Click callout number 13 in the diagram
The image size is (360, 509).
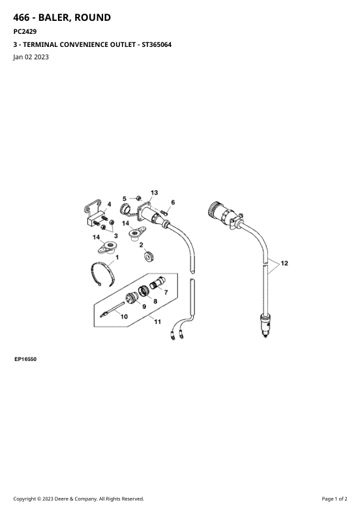[x=154, y=192]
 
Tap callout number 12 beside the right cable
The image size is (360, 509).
[x=284, y=263]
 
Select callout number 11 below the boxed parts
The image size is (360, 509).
[x=158, y=321]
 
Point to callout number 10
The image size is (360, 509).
[x=124, y=316]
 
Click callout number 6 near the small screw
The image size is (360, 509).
[x=173, y=202]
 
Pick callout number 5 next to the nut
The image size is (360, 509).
[x=125, y=199]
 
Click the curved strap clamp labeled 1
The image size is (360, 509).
[x=102, y=272]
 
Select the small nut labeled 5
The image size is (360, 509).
[x=138, y=197]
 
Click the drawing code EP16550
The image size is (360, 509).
[x=25, y=359]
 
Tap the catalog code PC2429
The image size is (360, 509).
[x=25, y=32]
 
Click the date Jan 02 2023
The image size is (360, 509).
[x=31, y=57]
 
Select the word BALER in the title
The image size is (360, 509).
[x=54, y=18]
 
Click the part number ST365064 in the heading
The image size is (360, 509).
[x=157, y=45]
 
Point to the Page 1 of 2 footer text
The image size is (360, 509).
[x=335, y=499]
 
